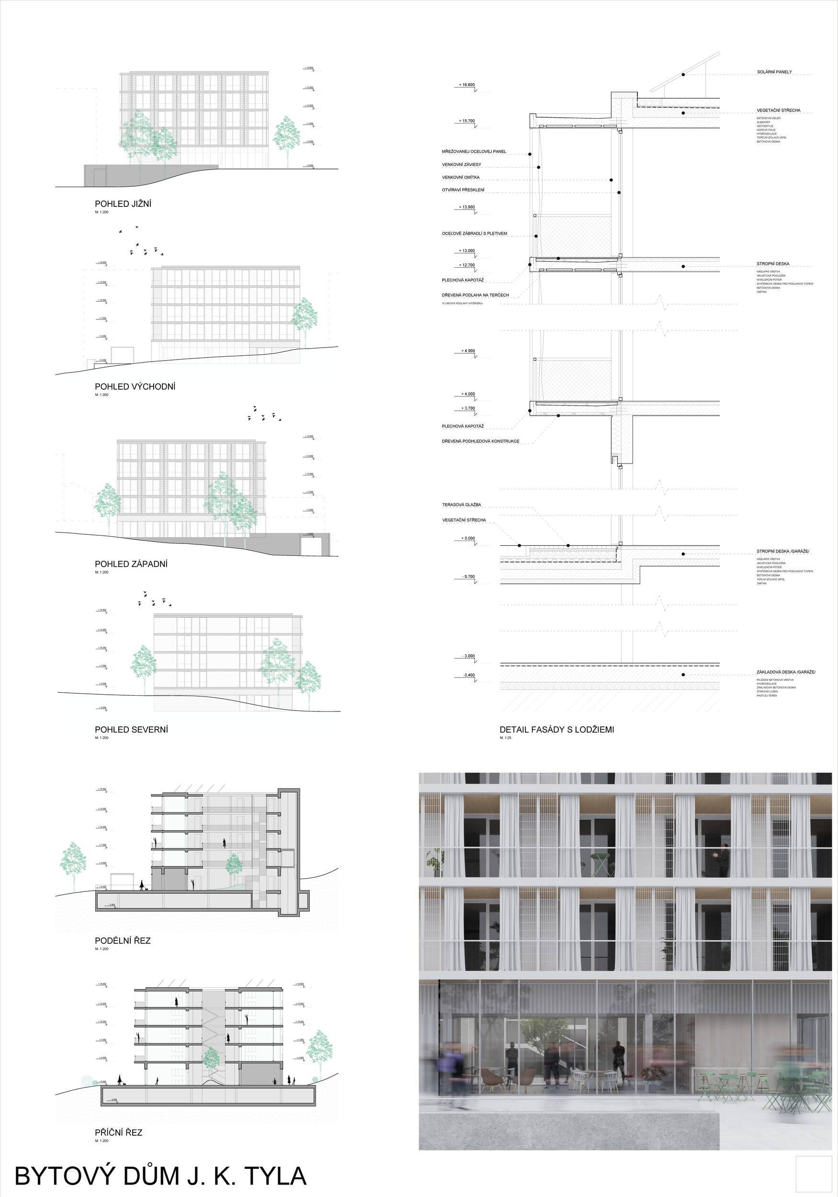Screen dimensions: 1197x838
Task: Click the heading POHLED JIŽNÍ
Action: (x=123, y=204)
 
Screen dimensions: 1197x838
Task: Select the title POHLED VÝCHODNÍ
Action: (x=135, y=386)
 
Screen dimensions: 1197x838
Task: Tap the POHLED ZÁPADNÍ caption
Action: (x=131, y=564)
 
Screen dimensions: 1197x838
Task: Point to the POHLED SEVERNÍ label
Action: (x=131, y=729)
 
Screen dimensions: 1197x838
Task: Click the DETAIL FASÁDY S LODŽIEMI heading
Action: (x=556, y=729)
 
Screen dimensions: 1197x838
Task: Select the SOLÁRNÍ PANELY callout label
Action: (x=774, y=72)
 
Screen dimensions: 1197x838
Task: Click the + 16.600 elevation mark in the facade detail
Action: (x=467, y=84)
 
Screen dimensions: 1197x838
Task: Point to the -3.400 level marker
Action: (x=468, y=675)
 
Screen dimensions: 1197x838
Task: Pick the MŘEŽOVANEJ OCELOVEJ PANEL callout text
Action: (x=474, y=152)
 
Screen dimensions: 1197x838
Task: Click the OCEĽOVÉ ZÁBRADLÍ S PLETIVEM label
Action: (x=474, y=234)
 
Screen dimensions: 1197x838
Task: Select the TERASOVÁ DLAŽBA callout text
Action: (x=462, y=505)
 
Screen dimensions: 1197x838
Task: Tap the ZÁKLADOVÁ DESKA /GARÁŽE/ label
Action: (x=786, y=672)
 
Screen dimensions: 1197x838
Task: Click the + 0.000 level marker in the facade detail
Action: (x=468, y=538)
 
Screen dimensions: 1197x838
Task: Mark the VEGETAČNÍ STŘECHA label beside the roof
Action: (x=778, y=111)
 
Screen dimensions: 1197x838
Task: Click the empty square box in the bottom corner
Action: (x=814, y=1171)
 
